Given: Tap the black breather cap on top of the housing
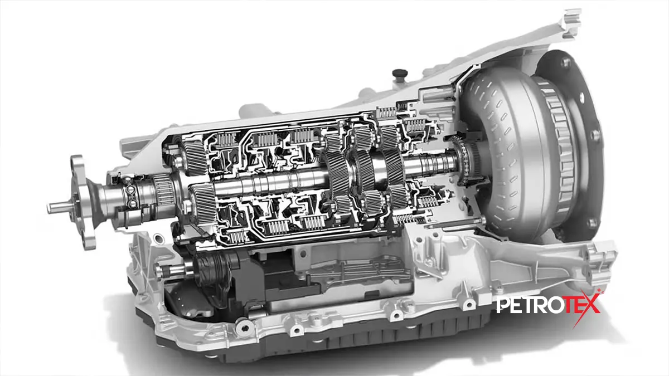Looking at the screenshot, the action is point(400,74).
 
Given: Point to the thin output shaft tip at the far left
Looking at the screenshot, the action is point(59,207).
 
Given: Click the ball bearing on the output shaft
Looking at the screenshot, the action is point(131,196).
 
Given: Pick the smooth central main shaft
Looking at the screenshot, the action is point(269,183).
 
